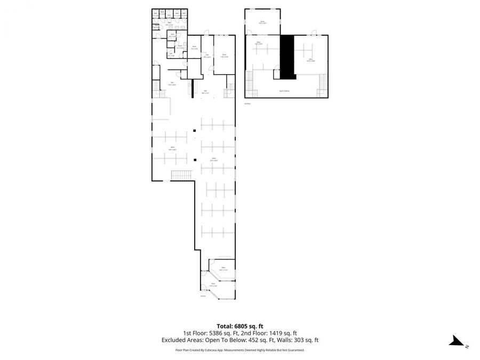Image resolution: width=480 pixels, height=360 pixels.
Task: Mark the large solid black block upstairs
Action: (287, 56)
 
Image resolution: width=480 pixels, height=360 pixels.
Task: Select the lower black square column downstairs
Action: (196, 159)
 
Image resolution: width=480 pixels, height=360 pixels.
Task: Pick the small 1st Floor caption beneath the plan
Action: (203, 295)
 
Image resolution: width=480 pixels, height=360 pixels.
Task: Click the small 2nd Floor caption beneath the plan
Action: (247, 104)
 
